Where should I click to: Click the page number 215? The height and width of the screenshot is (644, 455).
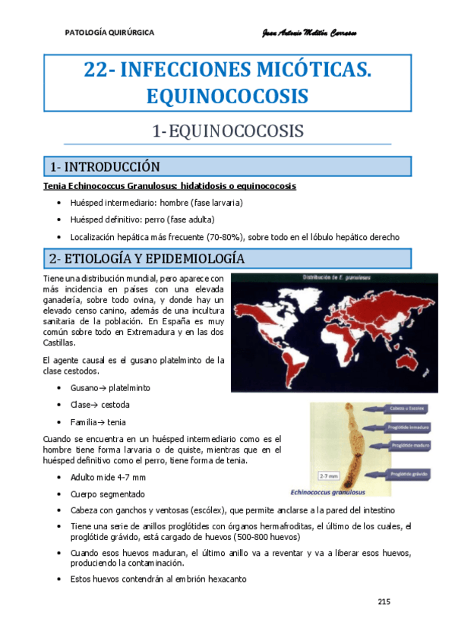pyautogui.click(x=383, y=602)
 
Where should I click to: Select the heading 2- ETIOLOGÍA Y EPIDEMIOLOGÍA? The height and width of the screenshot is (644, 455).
pyautogui.click(x=146, y=258)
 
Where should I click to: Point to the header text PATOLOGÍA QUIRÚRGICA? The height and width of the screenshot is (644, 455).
pyautogui.click(x=110, y=33)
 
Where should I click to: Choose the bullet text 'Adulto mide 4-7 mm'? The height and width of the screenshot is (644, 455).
pyautogui.click(x=107, y=477)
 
